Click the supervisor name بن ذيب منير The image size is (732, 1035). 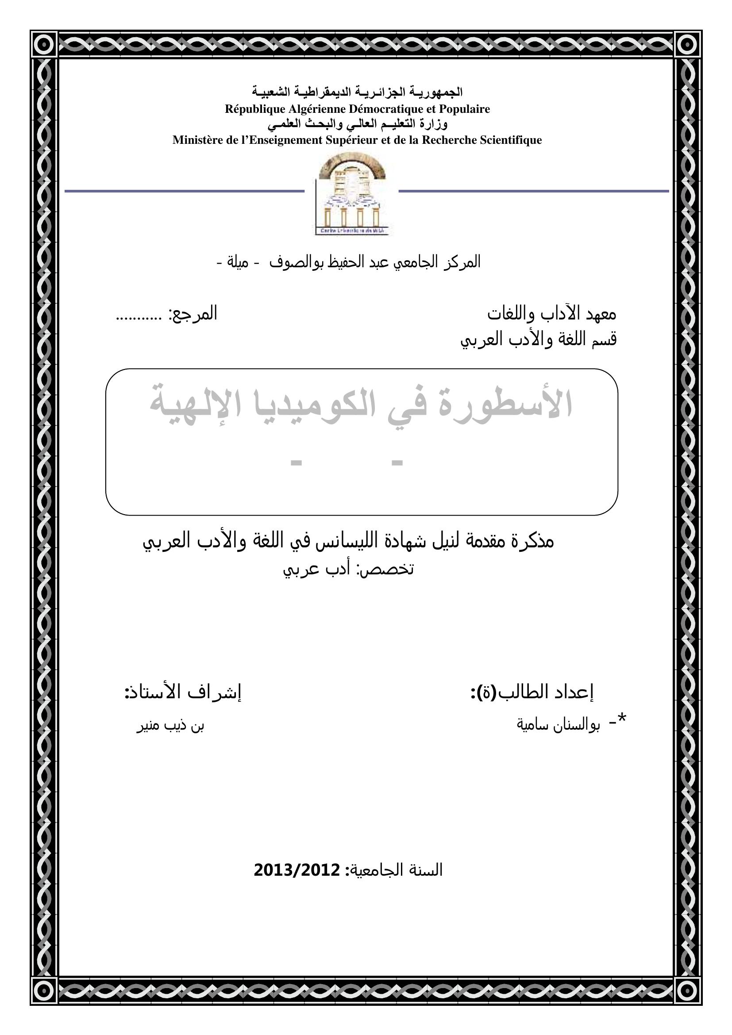[x=170, y=726]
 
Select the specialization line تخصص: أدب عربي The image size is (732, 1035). [x=348, y=569]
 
